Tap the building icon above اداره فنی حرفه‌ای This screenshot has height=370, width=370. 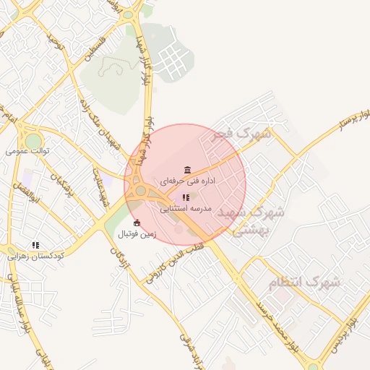[x=188, y=170]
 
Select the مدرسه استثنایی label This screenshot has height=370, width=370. [x=185, y=207]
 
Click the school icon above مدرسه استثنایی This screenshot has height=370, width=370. [x=186, y=197]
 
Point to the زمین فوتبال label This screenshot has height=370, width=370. [x=137, y=234]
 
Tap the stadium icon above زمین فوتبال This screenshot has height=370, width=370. [x=137, y=223]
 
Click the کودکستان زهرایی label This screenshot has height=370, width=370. [x=36, y=256]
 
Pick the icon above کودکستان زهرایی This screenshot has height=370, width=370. [x=35, y=245]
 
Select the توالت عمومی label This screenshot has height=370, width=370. [x=27, y=151]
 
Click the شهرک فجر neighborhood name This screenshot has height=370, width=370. [x=241, y=134]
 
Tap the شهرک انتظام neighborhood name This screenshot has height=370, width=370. [x=304, y=283]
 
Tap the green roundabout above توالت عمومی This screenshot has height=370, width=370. [x=33, y=139]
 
